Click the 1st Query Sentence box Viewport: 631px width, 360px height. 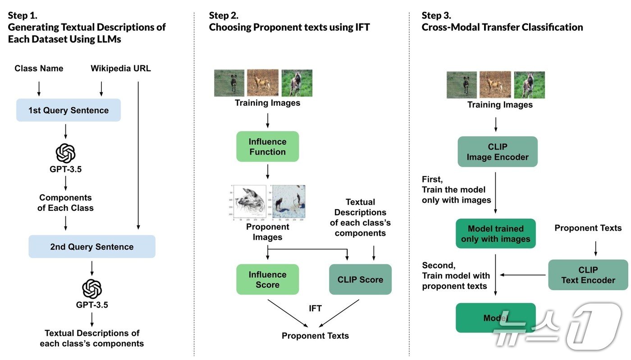click(x=69, y=110)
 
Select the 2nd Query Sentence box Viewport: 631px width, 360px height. click(x=92, y=246)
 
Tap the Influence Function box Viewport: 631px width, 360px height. click(x=267, y=146)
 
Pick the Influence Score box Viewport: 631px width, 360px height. click(x=267, y=279)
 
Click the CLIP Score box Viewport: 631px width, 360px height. click(x=360, y=279)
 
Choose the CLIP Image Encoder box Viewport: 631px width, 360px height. click(x=498, y=152)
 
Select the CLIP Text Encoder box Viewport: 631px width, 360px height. click(x=588, y=275)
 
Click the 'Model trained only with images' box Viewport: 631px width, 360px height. click(x=495, y=233)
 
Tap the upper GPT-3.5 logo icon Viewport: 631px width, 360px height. click(x=66, y=153)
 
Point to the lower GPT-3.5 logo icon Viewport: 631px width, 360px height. click(x=92, y=289)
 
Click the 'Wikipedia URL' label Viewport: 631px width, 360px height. click(x=121, y=68)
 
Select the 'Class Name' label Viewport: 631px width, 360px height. click(x=39, y=68)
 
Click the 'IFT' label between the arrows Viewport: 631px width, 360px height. click(x=315, y=308)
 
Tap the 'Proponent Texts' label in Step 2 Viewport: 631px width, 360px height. click(x=315, y=336)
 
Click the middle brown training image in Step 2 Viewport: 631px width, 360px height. click(x=263, y=83)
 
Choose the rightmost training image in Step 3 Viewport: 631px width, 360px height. click(x=529, y=85)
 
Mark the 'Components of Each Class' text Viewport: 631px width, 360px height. click(x=65, y=203)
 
